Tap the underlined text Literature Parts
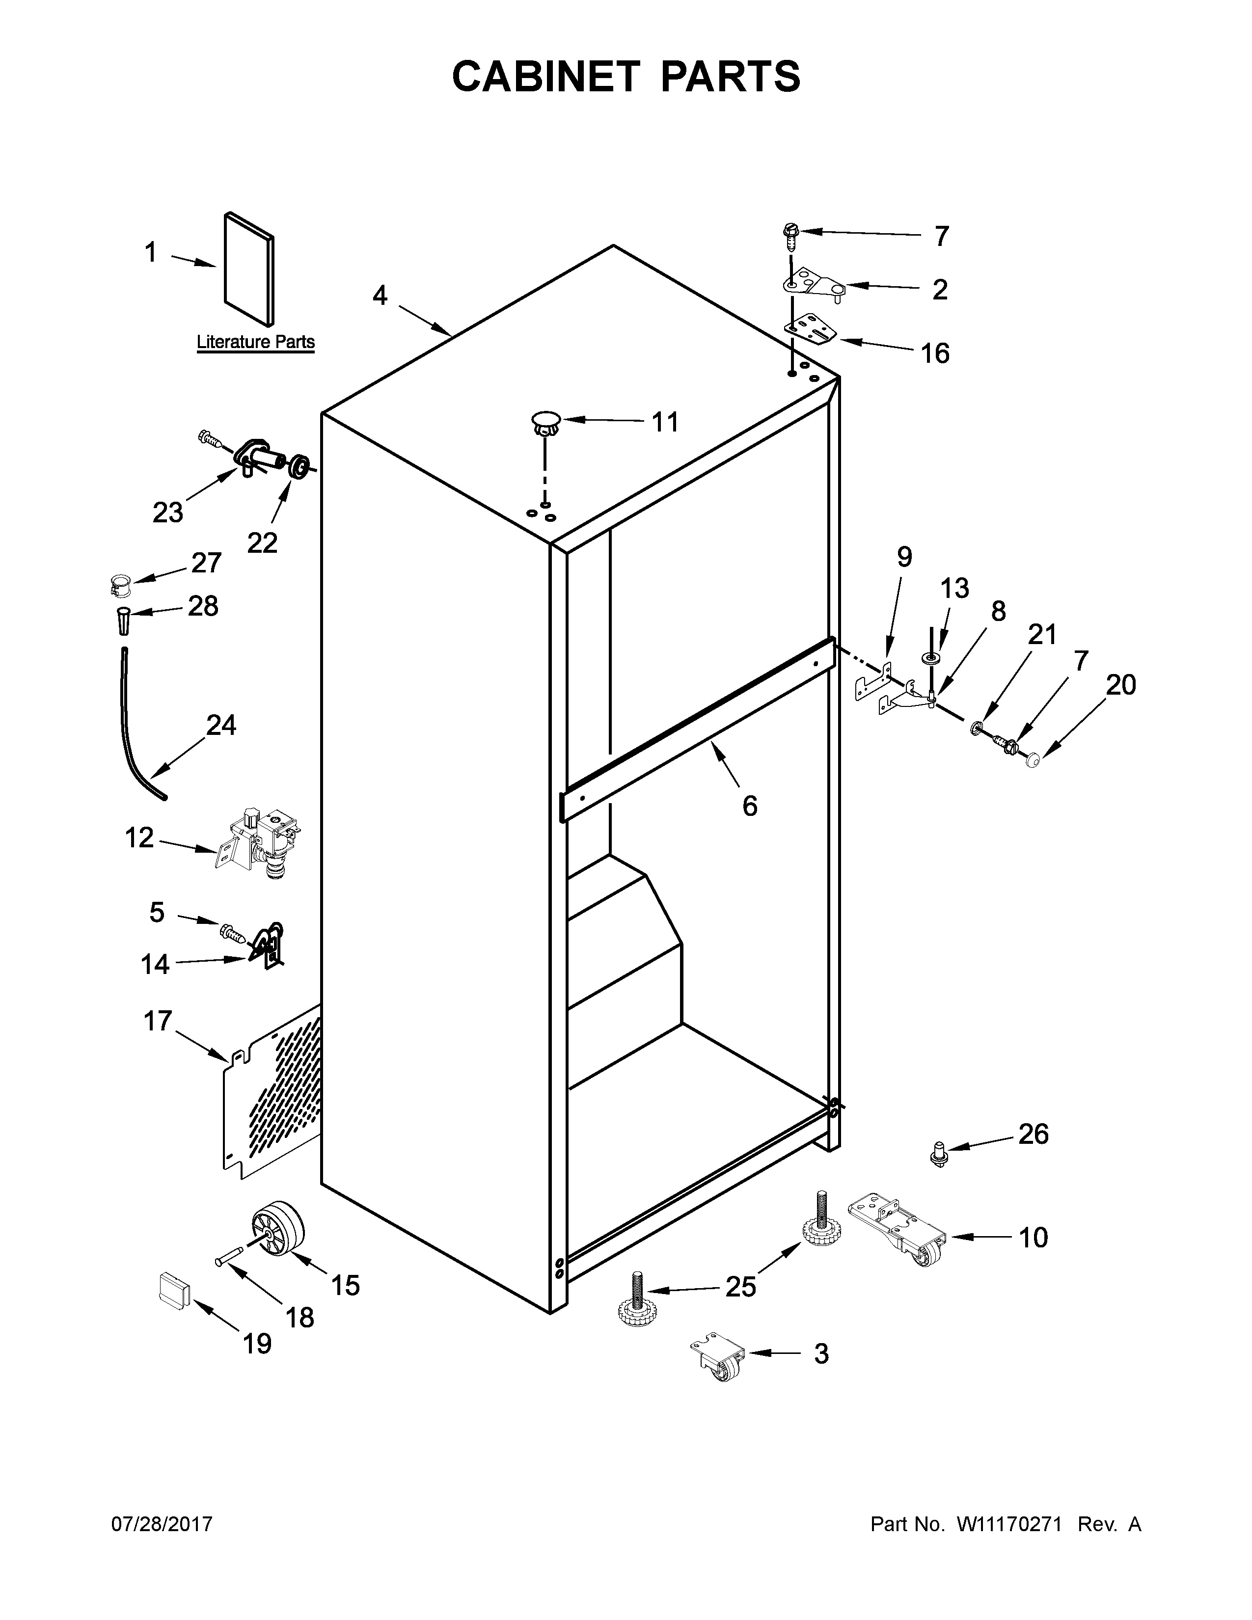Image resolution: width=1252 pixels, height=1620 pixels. (255, 343)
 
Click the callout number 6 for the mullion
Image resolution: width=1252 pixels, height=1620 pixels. (750, 806)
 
